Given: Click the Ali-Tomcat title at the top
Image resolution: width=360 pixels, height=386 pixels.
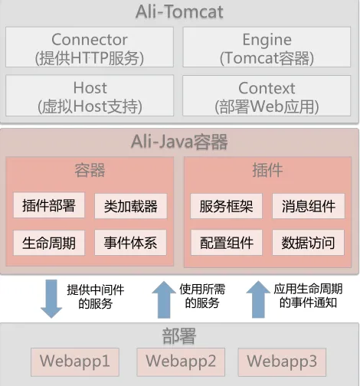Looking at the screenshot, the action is point(179,12).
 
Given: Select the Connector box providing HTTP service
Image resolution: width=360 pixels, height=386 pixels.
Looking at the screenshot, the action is point(90,47).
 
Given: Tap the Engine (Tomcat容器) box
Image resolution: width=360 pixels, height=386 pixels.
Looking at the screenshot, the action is point(267,47).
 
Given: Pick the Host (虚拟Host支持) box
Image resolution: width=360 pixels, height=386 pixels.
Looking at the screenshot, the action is point(90,96).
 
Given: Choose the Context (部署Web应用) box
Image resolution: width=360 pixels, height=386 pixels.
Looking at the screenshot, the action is point(267,96).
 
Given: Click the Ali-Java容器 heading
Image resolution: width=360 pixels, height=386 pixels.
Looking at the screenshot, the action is point(179,142).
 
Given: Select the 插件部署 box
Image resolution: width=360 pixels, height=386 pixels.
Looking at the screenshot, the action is point(49,205).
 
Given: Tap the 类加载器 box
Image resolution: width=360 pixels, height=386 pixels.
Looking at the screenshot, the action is point(131,206).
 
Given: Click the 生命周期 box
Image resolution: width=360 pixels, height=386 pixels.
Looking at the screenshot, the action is point(49,243).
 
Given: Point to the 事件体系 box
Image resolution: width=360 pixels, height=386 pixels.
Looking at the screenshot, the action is point(130,242).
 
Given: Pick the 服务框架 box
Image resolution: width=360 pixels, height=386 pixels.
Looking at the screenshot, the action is point(226,206).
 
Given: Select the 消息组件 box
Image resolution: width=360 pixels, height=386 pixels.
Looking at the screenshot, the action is point(309,206).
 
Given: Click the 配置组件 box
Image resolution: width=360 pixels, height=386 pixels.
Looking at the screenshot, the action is point(227,242).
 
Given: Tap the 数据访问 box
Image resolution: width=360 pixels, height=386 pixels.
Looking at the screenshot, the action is point(308,242).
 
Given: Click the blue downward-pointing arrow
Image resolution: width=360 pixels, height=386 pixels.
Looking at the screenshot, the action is point(51,299).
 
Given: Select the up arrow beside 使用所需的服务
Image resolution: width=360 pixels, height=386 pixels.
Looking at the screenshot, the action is point(164,299).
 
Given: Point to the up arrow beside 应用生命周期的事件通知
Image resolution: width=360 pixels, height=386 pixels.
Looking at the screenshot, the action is point(258,299).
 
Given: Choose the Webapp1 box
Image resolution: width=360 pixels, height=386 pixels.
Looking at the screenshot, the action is point(75,362).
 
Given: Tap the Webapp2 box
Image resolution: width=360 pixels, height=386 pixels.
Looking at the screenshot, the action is point(181,362).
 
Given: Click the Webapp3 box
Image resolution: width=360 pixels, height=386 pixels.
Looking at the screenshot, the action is point(282,362).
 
